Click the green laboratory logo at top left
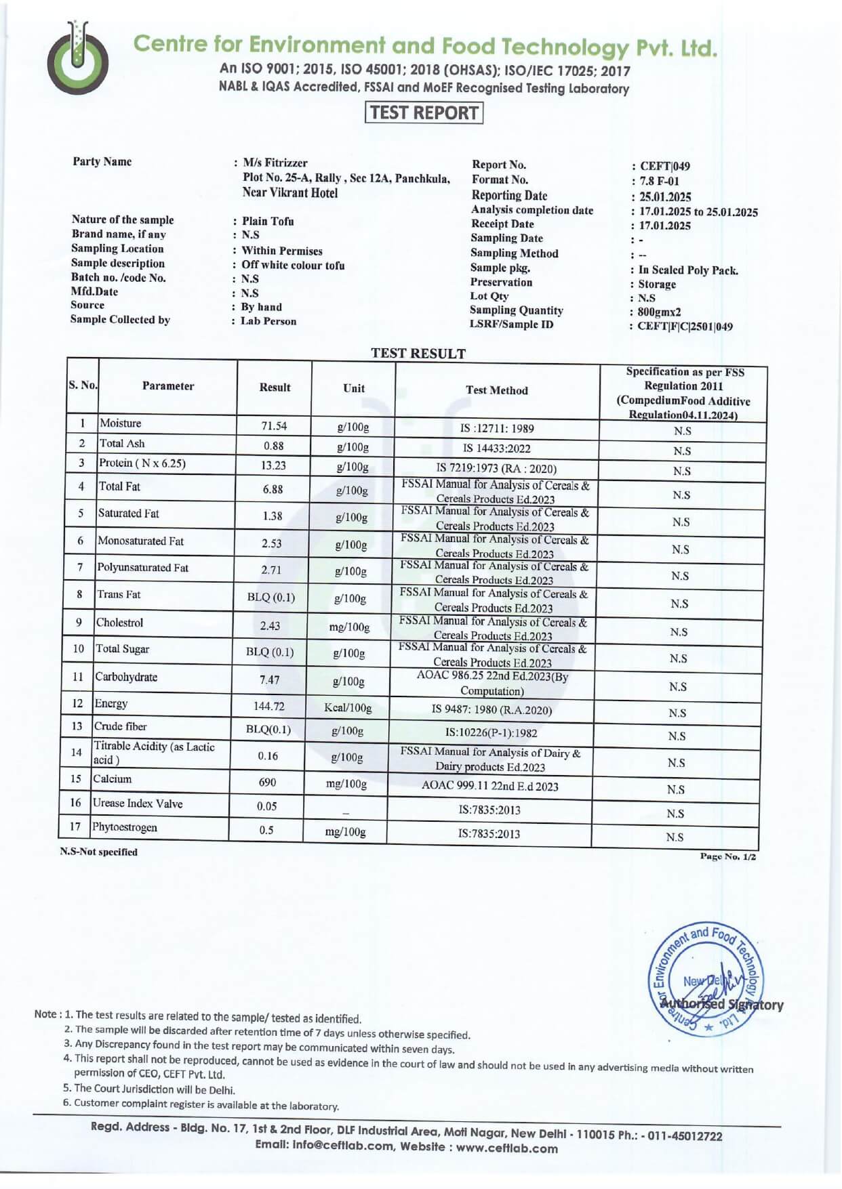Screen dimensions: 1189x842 tap(77, 58)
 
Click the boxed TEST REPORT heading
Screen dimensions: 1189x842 tap(424, 112)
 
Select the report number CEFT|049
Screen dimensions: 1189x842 tap(664, 166)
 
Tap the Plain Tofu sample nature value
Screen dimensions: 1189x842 tap(268, 221)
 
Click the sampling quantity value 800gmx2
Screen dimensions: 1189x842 tap(659, 312)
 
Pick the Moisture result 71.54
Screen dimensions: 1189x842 tap(274, 426)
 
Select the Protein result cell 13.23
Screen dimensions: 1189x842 tap(273, 465)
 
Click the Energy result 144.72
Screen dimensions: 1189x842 tap(268, 706)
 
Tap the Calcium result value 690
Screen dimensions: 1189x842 tap(267, 782)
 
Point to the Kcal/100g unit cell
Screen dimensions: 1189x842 tap(348, 708)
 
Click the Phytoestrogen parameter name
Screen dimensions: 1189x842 tap(125, 827)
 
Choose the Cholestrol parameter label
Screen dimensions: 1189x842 tap(120, 623)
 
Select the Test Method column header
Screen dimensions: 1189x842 tap(496, 390)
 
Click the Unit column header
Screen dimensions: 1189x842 tap(353, 388)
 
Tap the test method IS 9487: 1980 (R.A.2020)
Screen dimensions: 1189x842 tap(492, 710)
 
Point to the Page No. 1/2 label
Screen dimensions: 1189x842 tap(727, 856)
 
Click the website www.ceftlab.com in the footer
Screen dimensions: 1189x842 tap(506, 1148)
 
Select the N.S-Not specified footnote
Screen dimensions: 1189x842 tap(98, 852)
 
